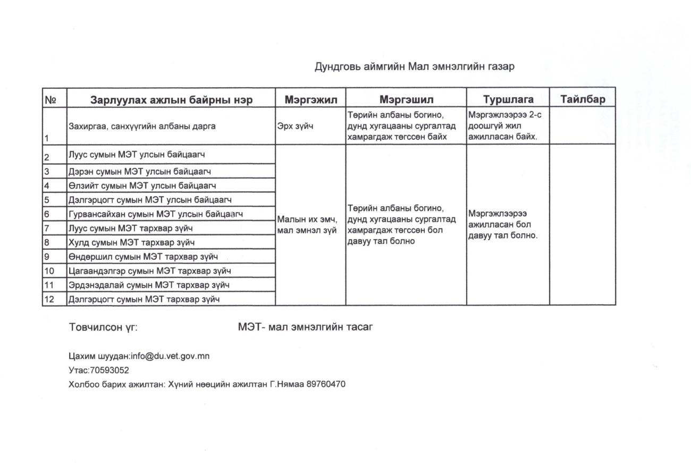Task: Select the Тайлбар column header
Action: click(583, 99)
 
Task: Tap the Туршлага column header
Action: click(508, 99)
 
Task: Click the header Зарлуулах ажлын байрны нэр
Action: click(171, 99)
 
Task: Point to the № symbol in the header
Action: click(51, 100)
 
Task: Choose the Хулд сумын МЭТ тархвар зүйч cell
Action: click(131, 242)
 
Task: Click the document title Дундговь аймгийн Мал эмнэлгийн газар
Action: click(415, 67)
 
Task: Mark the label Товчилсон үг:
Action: click(103, 327)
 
